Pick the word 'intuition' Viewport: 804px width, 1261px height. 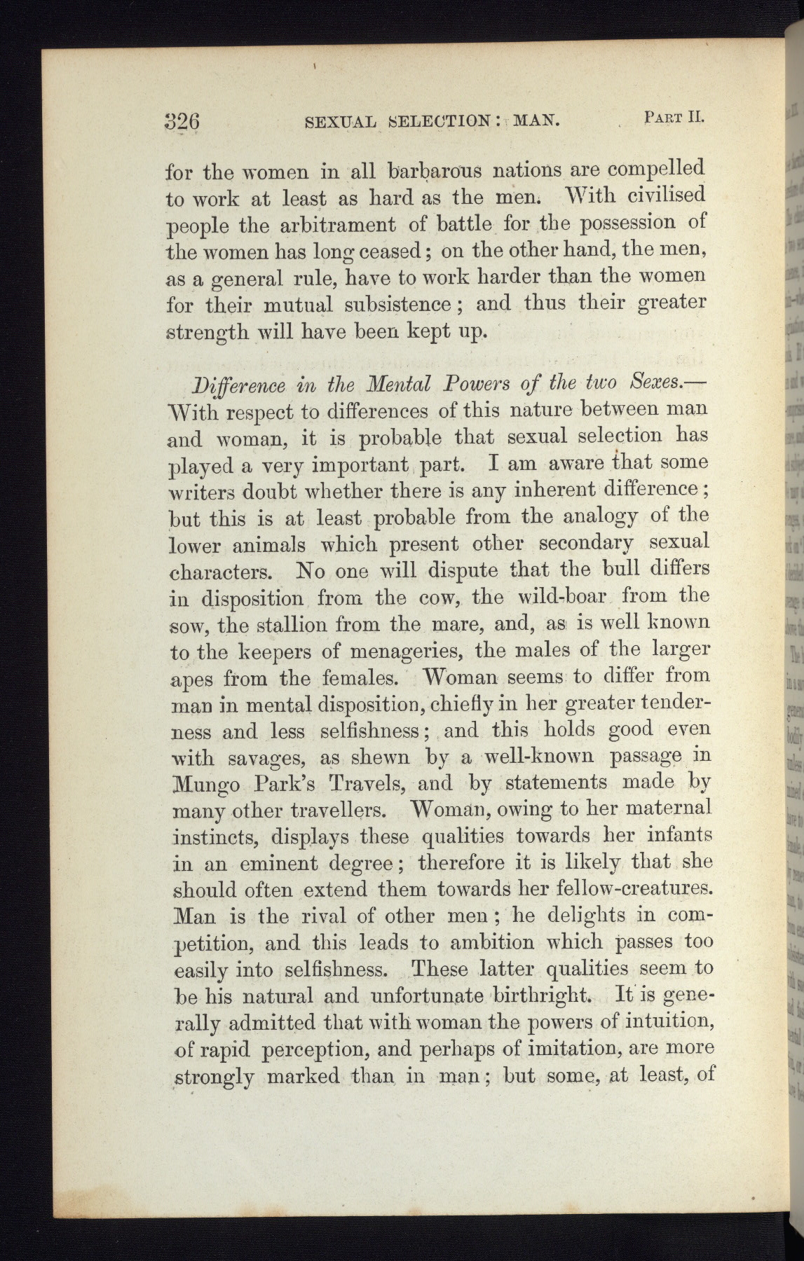pos(660,1023)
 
